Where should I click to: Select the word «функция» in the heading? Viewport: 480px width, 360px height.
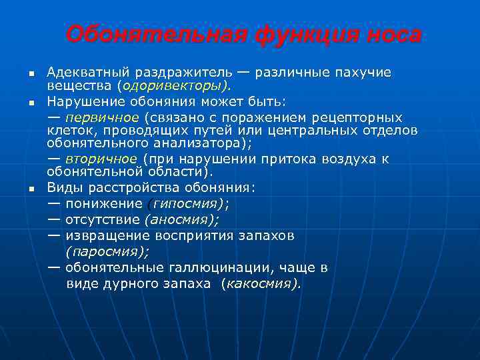[297, 34]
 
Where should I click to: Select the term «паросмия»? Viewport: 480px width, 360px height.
[107, 251]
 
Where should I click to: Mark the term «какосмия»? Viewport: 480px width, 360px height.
[262, 283]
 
